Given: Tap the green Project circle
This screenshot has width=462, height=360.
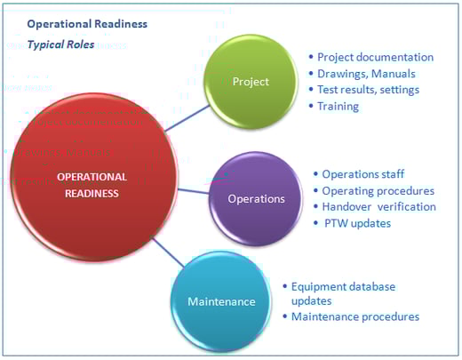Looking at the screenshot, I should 250,81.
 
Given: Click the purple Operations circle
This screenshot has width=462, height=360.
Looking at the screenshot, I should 256,198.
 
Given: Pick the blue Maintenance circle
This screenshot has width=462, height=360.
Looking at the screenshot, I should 221,301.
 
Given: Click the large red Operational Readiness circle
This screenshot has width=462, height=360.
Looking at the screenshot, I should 92,183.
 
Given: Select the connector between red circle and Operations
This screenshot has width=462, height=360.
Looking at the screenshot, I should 194,189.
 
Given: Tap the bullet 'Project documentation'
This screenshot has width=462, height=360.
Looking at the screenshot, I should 375,58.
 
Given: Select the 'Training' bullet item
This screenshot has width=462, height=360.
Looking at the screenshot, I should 338,106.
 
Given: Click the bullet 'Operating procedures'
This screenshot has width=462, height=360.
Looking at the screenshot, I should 378,190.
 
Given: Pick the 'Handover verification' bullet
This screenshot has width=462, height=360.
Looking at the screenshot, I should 378,206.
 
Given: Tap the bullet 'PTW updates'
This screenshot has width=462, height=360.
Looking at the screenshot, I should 358,222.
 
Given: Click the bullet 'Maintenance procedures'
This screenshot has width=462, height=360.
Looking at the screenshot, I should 355,316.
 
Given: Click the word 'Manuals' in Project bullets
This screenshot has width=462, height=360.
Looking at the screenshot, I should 394,74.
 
